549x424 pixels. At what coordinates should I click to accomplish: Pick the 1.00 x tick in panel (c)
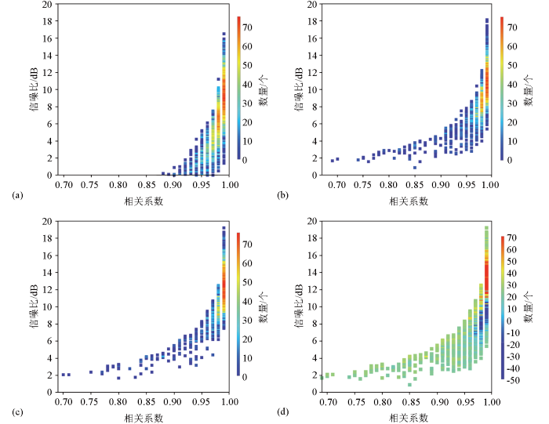tap(228, 401)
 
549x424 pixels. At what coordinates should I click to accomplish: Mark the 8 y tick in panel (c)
tap(49, 324)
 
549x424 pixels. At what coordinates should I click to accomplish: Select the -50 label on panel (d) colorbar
tap(512, 379)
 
